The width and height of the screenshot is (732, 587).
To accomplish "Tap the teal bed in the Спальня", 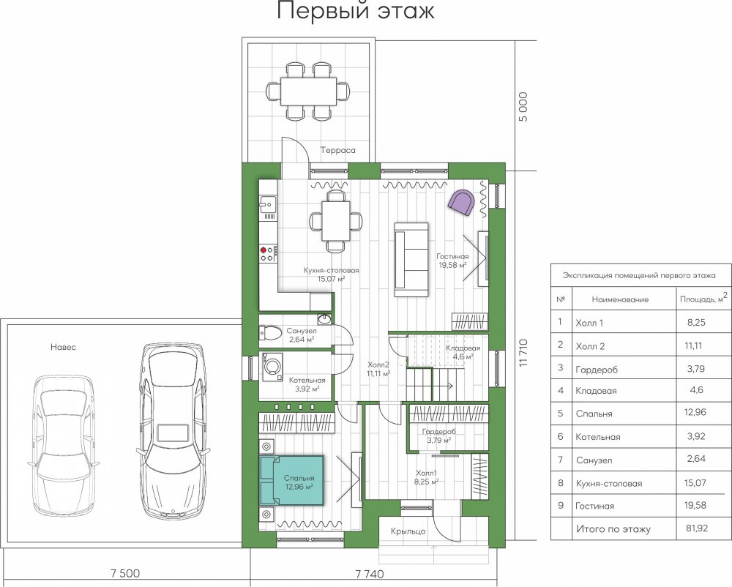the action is pos(292,480).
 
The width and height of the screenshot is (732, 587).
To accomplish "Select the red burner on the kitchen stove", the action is pos(264,250).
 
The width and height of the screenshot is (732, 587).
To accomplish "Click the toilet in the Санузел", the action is pos(270,333).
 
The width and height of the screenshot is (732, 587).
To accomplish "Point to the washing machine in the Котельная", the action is pos(270,367).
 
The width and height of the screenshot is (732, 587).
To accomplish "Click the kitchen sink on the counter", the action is pos(268,203).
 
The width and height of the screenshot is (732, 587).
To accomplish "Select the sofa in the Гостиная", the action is pos(411,259).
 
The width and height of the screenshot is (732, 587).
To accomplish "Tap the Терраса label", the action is pos(337,150).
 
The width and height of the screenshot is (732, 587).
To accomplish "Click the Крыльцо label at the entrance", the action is pos(408,531).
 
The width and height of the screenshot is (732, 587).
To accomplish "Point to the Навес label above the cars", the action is pos(63,347).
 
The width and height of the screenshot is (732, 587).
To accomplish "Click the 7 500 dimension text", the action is pos(125,573).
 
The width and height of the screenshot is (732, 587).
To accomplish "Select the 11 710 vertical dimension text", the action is pos(524,353).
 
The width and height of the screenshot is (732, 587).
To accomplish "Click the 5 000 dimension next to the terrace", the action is pos(523,107).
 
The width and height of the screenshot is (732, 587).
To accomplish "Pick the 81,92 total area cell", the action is pos(697,528).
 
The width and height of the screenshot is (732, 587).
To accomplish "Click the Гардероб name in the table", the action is pos(597,370).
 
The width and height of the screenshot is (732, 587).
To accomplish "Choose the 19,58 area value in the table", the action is pos(697,505).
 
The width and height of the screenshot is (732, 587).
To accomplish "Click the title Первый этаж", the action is pos(356,11).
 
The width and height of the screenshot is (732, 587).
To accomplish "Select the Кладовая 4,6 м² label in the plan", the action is pos(463,352).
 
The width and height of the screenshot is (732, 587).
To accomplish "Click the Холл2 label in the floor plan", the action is pos(378,369).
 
